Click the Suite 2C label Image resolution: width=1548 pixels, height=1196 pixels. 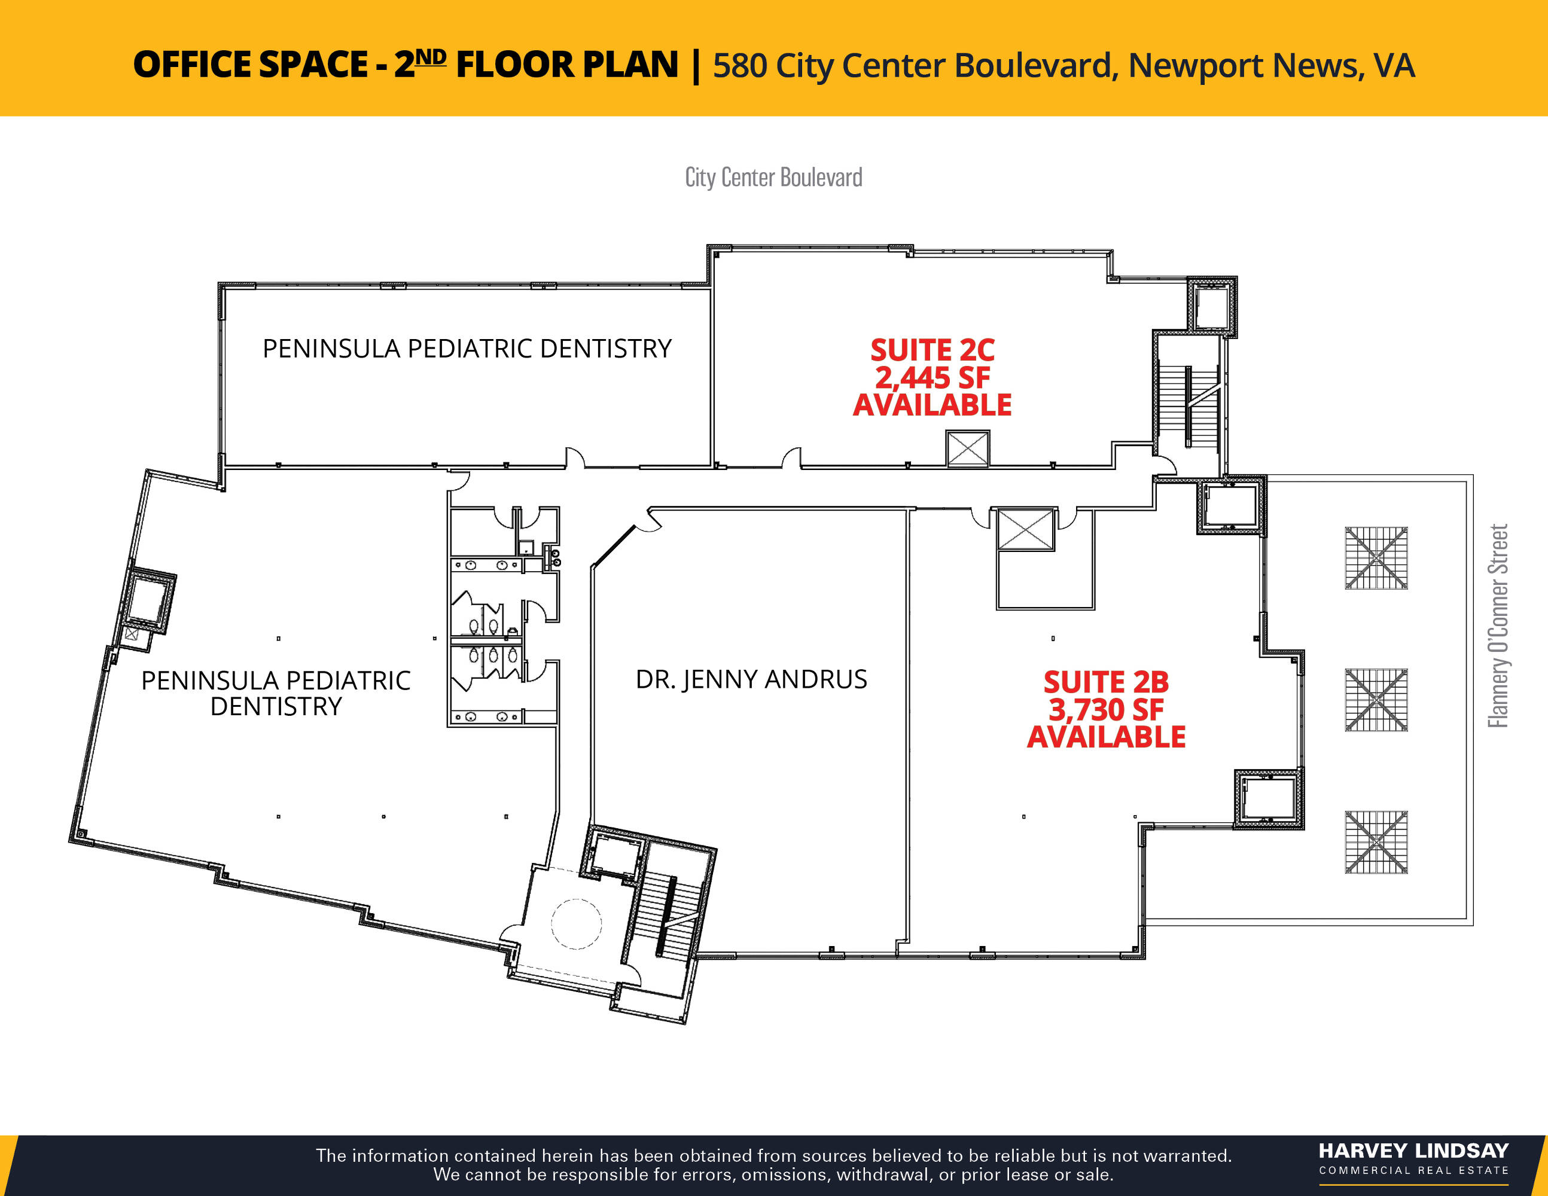pos(932,350)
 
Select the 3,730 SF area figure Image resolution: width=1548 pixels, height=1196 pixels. pos(1106,709)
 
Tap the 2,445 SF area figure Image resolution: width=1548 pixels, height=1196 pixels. pos(932,378)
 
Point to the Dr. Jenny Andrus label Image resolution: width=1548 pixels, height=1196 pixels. pos(751,679)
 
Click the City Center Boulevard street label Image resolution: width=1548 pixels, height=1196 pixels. pos(773,177)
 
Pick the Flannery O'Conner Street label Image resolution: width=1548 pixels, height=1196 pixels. pos(1498,626)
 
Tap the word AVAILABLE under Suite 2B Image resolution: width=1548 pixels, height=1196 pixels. pos(1106,737)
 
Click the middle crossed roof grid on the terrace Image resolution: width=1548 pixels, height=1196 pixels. pos(1376,700)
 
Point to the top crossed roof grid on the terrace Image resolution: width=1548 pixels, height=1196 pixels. pos(1376,559)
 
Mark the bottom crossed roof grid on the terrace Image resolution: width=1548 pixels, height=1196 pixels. pos(1376,843)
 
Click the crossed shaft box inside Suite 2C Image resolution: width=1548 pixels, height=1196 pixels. pos(968,448)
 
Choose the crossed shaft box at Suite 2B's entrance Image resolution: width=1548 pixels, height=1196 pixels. pos(1026,529)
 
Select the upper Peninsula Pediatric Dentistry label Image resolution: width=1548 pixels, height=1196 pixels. pos(467,349)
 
